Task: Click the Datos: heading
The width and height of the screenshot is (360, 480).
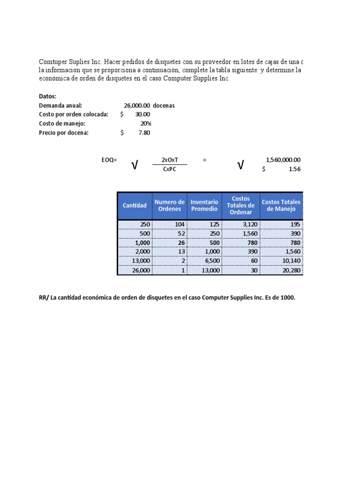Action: click(x=47, y=96)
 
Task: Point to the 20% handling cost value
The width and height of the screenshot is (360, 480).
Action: click(x=146, y=124)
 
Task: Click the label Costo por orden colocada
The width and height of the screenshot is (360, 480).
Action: click(x=74, y=114)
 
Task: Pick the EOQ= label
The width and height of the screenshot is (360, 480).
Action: click(x=109, y=160)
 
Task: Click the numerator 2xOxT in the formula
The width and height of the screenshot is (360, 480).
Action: click(x=170, y=160)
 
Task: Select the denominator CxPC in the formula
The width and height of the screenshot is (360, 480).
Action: click(x=170, y=169)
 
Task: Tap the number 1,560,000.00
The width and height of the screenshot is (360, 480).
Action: click(x=283, y=160)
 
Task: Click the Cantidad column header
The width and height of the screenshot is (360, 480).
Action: click(x=135, y=205)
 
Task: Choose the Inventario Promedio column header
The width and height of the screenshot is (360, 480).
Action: click(x=204, y=205)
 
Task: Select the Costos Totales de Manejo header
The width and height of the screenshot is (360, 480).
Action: click(x=281, y=205)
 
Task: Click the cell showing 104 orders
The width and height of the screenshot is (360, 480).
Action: click(x=180, y=225)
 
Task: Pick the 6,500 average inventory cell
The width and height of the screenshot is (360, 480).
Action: click(x=210, y=261)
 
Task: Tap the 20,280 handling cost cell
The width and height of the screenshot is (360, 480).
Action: click(x=291, y=270)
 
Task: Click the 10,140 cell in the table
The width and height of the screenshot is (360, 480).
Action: click(x=291, y=261)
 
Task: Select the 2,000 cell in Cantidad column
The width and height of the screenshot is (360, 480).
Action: click(x=142, y=252)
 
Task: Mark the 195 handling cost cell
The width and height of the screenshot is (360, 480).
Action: click(x=295, y=225)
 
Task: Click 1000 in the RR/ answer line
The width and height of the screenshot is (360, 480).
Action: click(x=288, y=298)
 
